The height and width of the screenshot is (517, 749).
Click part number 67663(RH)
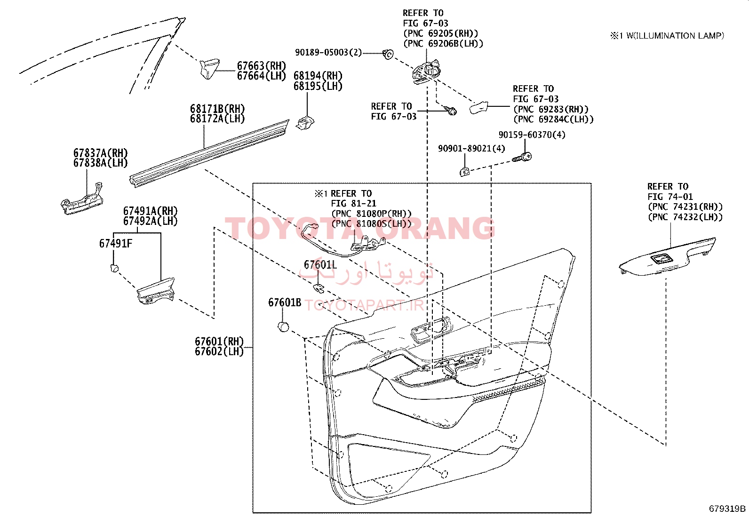[262, 65]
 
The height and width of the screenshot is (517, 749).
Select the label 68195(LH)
[318, 86]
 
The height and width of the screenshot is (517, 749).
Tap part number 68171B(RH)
[217, 109]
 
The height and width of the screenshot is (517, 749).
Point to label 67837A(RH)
[101, 153]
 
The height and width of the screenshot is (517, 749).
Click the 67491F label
[116, 244]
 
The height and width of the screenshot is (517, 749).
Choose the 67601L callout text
[320, 265]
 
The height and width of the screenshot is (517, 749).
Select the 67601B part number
[285, 302]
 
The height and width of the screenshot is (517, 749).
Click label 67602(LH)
[219, 351]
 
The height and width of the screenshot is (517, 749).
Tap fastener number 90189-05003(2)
[328, 53]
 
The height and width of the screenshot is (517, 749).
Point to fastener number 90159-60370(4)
[532, 135]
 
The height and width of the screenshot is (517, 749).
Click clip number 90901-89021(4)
[471, 148]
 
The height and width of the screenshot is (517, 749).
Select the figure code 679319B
[727, 509]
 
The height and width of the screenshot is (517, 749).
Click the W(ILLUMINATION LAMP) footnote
[675, 36]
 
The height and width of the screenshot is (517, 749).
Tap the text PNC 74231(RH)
[685, 207]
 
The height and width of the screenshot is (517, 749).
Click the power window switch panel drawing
[667, 256]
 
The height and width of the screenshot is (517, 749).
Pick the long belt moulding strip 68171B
[209, 153]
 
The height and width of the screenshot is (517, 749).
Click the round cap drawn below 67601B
[284, 326]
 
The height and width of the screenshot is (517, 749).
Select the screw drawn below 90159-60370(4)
[522, 158]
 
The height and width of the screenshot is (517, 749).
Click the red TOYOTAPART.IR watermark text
[365, 305]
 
